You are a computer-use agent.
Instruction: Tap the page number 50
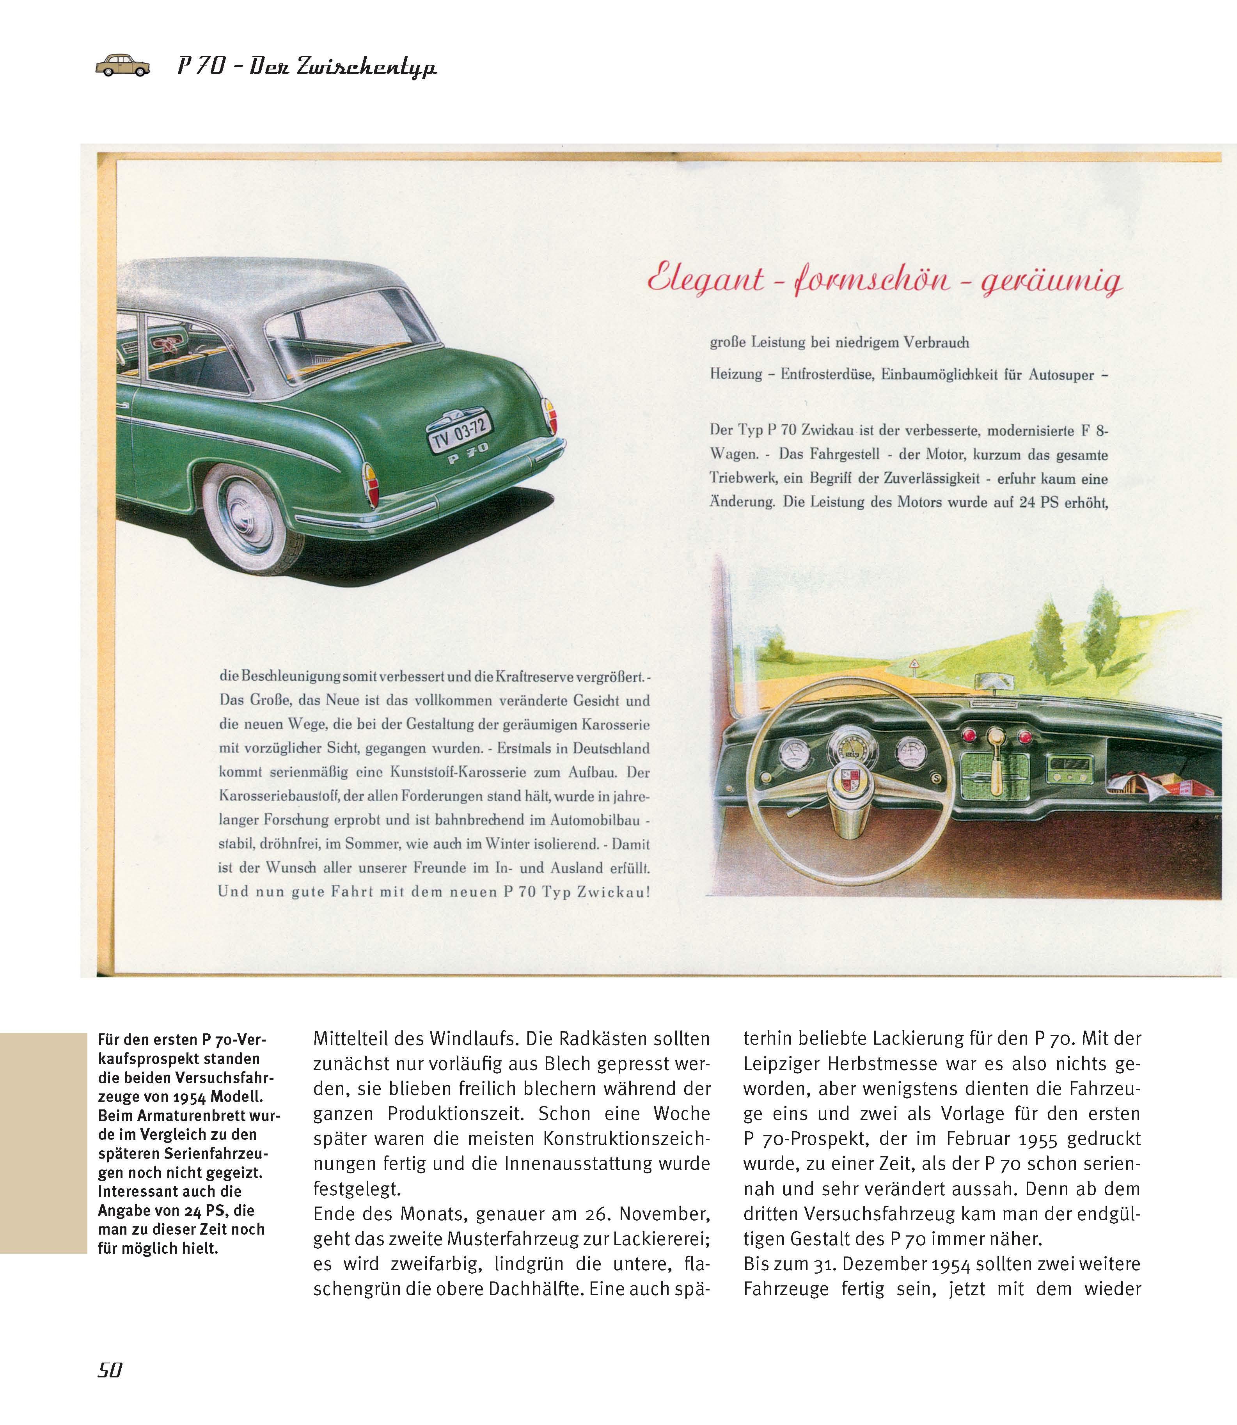pyautogui.click(x=110, y=1370)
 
